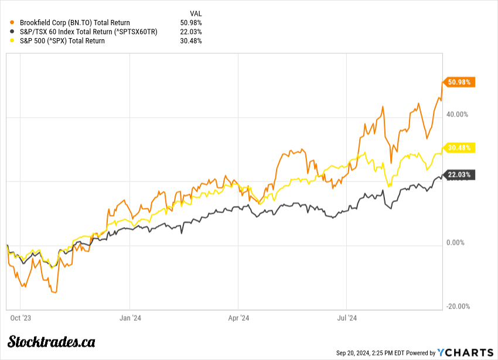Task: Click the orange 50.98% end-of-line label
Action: pos(459,82)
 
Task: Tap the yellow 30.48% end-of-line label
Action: pos(459,148)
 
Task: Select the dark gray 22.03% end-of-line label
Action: pos(459,174)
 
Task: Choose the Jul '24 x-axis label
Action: pos(347,318)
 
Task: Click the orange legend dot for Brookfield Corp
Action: pos(13,23)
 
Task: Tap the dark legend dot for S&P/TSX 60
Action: pos(13,32)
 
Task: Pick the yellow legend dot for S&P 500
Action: pos(13,41)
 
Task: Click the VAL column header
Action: pos(196,13)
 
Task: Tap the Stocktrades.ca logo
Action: pos(52,341)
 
